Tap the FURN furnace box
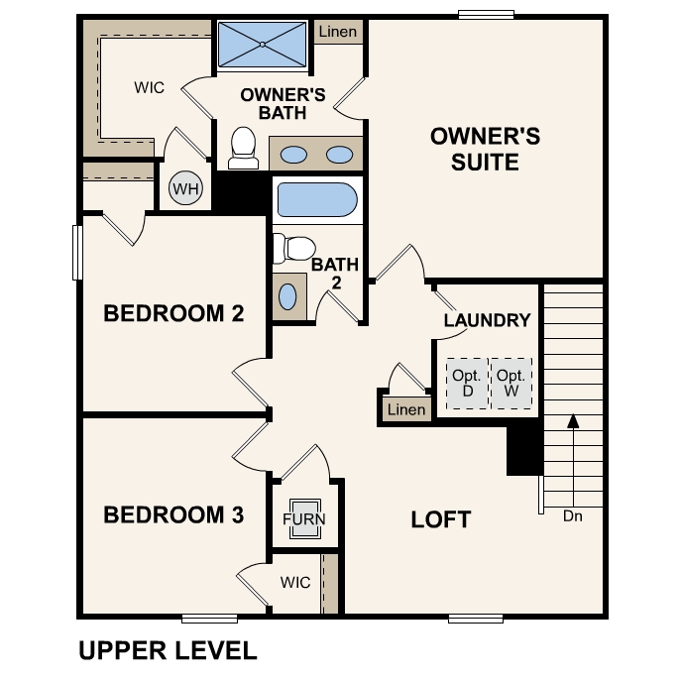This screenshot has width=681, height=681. [303, 518]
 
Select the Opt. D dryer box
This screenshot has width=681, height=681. [467, 382]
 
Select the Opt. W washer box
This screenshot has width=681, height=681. [511, 382]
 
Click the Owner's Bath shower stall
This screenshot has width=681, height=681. [263, 44]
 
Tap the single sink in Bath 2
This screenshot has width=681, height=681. [287, 297]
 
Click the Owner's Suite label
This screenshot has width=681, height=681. [485, 149]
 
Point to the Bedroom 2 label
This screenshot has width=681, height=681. [173, 314]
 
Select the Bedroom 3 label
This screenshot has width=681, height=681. [173, 515]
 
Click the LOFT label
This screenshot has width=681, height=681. [441, 519]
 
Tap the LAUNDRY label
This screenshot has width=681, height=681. [487, 320]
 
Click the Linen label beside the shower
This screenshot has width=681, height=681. [338, 33]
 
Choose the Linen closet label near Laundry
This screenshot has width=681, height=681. [406, 409]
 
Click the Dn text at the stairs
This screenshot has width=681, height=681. [573, 515]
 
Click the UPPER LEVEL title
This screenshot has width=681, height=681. [168, 650]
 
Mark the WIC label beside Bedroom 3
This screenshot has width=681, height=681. [295, 582]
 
